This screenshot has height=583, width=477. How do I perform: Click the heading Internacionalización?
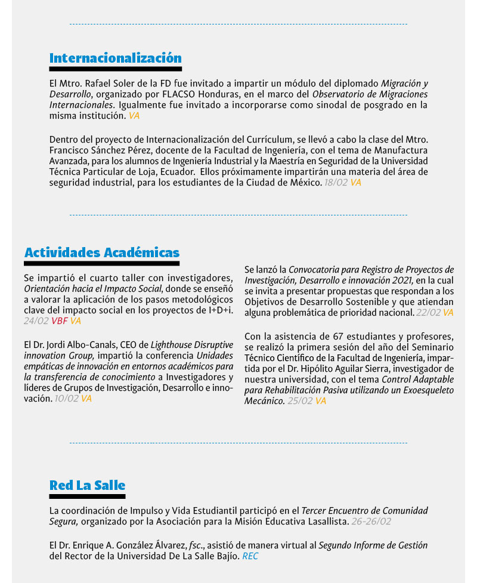tap(115, 58)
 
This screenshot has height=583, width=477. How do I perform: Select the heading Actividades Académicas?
tap(102, 252)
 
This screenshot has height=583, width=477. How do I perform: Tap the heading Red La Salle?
tap(87, 485)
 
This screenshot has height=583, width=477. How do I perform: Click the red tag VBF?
tap(59, 321)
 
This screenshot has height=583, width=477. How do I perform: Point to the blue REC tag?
tap(250, 556)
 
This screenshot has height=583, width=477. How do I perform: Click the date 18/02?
tap(336, 183)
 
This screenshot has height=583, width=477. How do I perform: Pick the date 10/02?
tap(66, 399)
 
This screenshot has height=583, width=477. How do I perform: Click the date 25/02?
tap(301, 401)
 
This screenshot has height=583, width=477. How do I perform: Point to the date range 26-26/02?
tap(371, 522)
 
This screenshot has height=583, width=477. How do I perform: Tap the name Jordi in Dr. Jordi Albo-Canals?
tap(54, 345)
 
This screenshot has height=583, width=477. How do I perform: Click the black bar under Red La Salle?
tap(87, 496)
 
